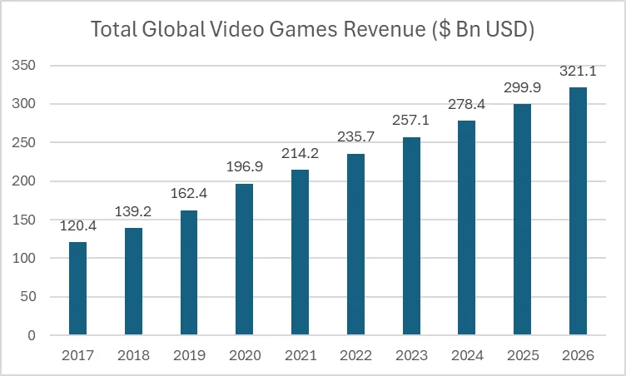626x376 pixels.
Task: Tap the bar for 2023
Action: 410,236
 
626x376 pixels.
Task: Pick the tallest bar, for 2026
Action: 577,211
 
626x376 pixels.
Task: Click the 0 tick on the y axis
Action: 32,336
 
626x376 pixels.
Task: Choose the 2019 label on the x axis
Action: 189,355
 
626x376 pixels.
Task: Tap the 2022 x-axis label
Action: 355,355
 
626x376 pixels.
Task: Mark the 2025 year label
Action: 522,355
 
